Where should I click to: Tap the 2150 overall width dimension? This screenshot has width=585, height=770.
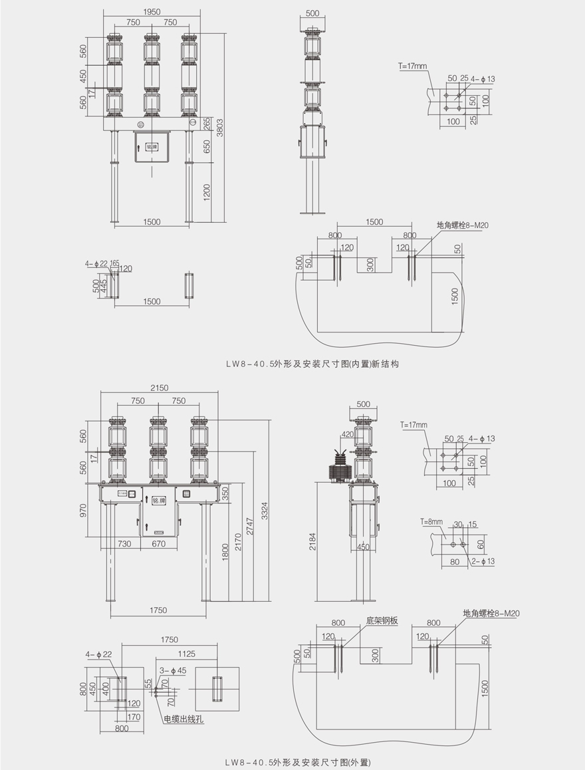tap(159, 388)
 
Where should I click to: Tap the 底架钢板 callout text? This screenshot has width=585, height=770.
tap(382, 621)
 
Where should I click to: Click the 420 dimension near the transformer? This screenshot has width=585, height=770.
tap(347, 434)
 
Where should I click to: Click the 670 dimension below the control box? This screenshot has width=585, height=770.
tap(158, 543)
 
